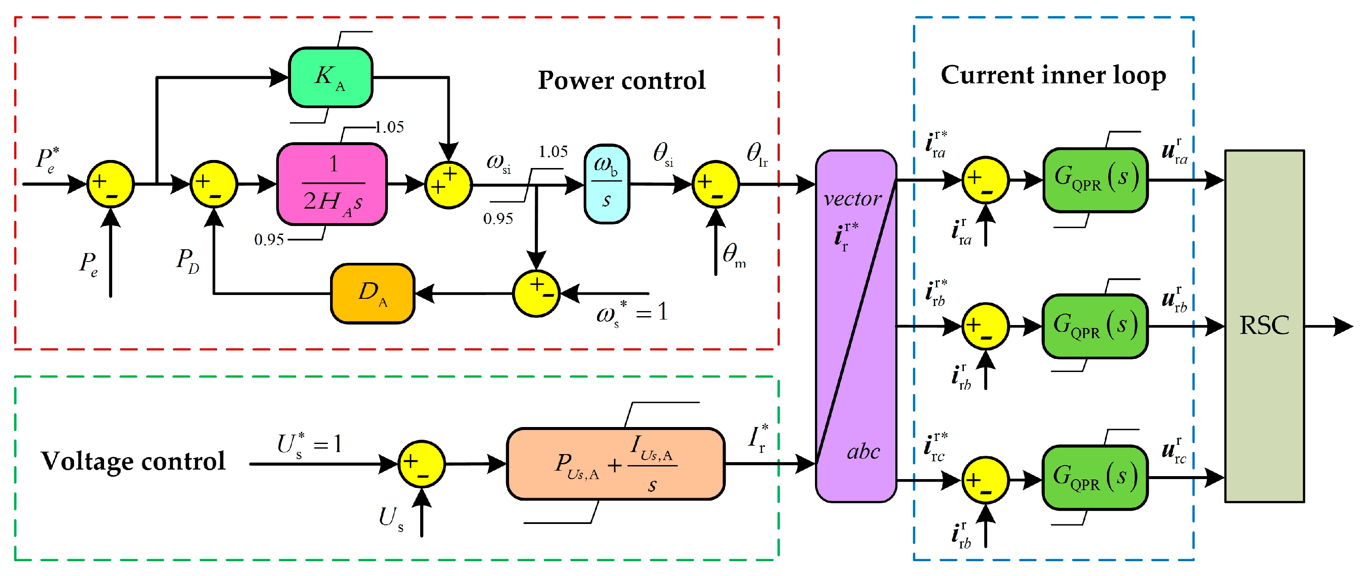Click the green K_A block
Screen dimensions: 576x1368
click(330, 77)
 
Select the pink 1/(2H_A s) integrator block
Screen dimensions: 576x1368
click(332, 184)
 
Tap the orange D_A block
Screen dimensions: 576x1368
click(372, 293)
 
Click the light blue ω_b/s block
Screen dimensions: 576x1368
click(606, 184)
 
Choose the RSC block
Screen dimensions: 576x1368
click(1264, 326)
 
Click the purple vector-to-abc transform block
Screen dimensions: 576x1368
click(856, 326)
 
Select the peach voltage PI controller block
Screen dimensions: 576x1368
click(616, 464)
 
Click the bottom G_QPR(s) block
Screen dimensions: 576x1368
click(1095, 477)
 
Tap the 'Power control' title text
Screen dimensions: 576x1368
click(621, 81)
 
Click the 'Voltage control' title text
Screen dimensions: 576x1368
click(133, 461)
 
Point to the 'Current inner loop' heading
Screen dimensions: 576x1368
click(1053, 75)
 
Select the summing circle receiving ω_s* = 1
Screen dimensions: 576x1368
click(536, 293)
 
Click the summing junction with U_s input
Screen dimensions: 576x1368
click(421, 464)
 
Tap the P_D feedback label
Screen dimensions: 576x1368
click(187, 261)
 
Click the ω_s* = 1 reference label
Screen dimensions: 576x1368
click(631, 312)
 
